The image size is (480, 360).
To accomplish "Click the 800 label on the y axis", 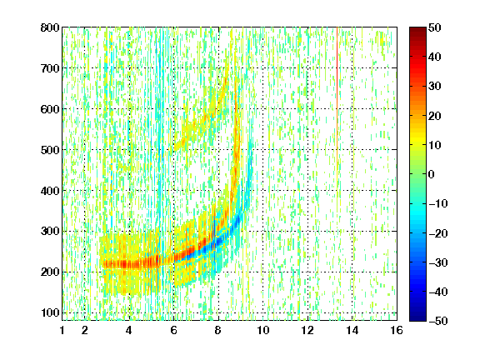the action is coord(50,27).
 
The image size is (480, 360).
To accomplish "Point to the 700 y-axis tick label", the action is coord(50,68).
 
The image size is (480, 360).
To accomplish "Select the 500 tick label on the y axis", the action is coord(50,150).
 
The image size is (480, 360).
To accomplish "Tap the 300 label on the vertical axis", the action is coord(50,232).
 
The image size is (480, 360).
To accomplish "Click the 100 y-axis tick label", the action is coord(50,312).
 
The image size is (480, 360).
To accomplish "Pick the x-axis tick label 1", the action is coord(62,330).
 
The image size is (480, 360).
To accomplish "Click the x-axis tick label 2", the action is coord(85,330).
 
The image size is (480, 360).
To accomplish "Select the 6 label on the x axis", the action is coord(174,330).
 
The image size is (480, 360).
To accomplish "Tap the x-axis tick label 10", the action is coord(263,330).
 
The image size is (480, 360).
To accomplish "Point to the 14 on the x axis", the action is coord(352,330).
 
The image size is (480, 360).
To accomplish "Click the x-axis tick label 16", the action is coord(397,330).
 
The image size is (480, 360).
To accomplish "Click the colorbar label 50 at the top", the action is coord(435,27).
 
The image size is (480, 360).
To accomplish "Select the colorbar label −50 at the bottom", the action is coord(438,321).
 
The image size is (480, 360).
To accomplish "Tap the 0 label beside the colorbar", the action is coord(432,174).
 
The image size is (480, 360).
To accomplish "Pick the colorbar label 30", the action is coord(435,87).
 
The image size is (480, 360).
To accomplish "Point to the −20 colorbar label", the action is coord(438,233).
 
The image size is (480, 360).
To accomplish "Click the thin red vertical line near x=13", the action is coord(337,92).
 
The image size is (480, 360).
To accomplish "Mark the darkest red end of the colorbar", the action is coord(417,28).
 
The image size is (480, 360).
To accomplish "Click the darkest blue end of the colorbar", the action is coord(417,319).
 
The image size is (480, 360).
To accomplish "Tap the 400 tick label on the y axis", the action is coord(50,191).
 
